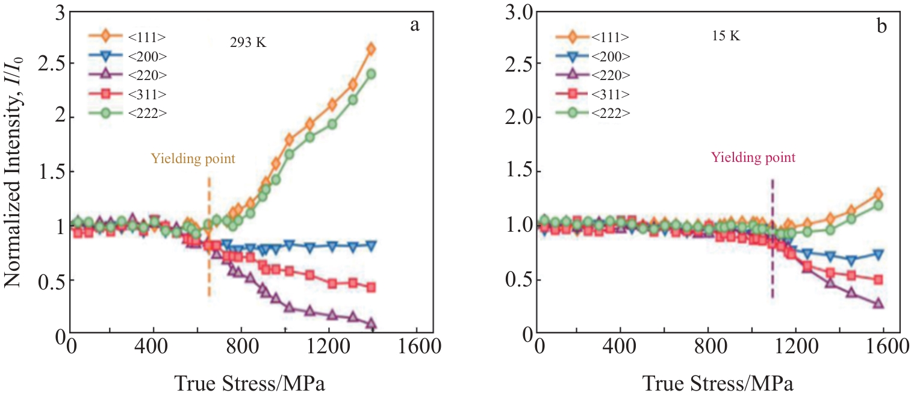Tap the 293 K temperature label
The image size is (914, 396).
click(247, 43)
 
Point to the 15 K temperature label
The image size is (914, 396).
click(726, 36)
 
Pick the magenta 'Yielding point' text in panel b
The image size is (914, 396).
click(753, 158)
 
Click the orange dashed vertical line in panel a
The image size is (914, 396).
click(209, 241)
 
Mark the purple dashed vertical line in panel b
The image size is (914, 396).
click(773, 241)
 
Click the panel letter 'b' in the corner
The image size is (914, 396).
click(881, 26)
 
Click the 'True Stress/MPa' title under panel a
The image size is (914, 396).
click(250, 382)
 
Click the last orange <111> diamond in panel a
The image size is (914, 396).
click(371, 49)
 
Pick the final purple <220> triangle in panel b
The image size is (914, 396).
click(878, 304)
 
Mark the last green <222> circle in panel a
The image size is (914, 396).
click(371, 74)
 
